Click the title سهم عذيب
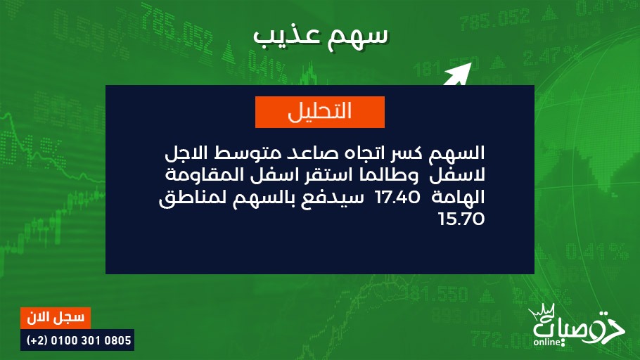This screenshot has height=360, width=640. [321, 36]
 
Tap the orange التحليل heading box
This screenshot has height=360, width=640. [320, 112]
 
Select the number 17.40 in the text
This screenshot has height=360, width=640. [397, 198]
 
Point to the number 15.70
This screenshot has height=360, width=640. [461, 219]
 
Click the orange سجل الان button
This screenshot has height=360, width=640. [56, 318]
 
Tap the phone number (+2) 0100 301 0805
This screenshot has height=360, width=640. [77, 340]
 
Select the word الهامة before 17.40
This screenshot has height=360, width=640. [459, 197]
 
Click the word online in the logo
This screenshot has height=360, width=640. [547, 342]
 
